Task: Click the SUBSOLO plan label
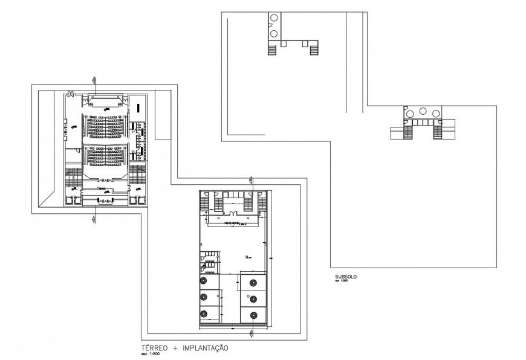tap(345, 277)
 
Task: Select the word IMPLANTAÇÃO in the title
tap(204, 349)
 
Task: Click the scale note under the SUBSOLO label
tap(342, 281)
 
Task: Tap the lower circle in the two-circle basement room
tap(273, 33)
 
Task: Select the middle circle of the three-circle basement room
tap(423, 112)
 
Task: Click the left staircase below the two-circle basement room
tap(272, 49)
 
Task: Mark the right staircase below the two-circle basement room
tap(314, 49)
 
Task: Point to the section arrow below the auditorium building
tap(93, 218)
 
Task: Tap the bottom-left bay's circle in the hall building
tap(203, 313)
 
